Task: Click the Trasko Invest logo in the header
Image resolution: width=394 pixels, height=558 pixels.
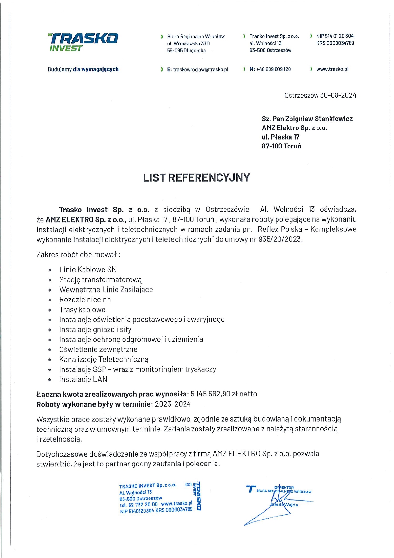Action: (83, 42)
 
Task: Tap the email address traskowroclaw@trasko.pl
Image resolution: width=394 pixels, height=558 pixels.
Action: (200, 69)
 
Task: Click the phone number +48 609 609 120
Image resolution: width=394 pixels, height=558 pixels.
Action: (273, 69)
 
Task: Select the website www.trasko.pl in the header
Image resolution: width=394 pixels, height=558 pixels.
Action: (332, 69)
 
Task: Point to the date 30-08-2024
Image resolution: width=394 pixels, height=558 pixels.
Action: (338, 95)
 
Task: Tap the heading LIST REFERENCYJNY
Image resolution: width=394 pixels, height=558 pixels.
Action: (196, 177)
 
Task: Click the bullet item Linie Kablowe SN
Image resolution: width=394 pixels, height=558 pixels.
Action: (88, 270)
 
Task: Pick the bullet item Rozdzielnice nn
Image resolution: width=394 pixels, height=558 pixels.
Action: (85, 300)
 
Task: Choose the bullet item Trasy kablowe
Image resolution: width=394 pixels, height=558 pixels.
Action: (82, 310)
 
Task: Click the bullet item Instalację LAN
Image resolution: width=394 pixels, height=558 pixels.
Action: (83, 379)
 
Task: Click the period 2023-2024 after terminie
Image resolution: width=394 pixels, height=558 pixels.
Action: (173, 404)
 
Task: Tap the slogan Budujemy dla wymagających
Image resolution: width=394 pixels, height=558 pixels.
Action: (83, 69)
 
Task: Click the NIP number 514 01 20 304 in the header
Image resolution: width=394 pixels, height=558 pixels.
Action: (339, 36)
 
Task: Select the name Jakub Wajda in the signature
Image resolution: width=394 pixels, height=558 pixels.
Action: (284, 505)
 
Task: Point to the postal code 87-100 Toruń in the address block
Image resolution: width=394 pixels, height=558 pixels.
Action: (281, 146)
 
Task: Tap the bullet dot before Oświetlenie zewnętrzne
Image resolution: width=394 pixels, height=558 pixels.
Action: (50, 350)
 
